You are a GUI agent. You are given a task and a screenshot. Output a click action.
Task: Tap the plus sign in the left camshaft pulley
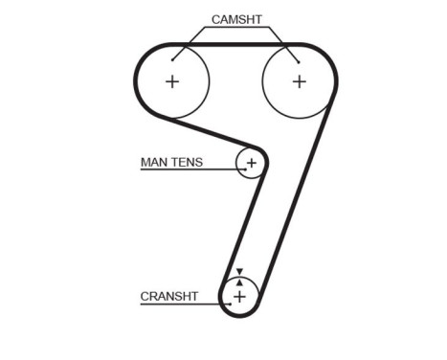click(x=172, y=81)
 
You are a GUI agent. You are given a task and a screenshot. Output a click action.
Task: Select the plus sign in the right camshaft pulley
click(x=299, y=81)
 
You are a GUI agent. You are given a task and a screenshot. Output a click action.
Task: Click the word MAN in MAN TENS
click(x=153, y=163)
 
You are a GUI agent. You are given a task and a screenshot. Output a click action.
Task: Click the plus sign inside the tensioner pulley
click(x=252, y=164)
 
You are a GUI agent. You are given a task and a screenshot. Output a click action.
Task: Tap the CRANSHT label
click(x=169, y=297)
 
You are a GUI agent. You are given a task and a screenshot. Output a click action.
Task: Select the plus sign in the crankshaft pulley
click(x=239, y=297)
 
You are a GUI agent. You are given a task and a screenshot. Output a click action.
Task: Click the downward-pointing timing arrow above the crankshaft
click(x=239, y=272)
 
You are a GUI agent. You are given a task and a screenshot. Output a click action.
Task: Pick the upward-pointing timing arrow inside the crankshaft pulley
click(x=239, y=282)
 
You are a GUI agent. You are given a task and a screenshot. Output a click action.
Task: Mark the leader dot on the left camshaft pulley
click(x=173, y=60)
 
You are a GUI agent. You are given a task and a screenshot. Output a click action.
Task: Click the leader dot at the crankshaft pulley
click(x=230, y=305)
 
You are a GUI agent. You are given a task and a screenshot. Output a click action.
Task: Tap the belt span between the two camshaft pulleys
click(x=235, y=45)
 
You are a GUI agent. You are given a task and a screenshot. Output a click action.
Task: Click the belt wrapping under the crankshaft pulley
click(x=239, y=318)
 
